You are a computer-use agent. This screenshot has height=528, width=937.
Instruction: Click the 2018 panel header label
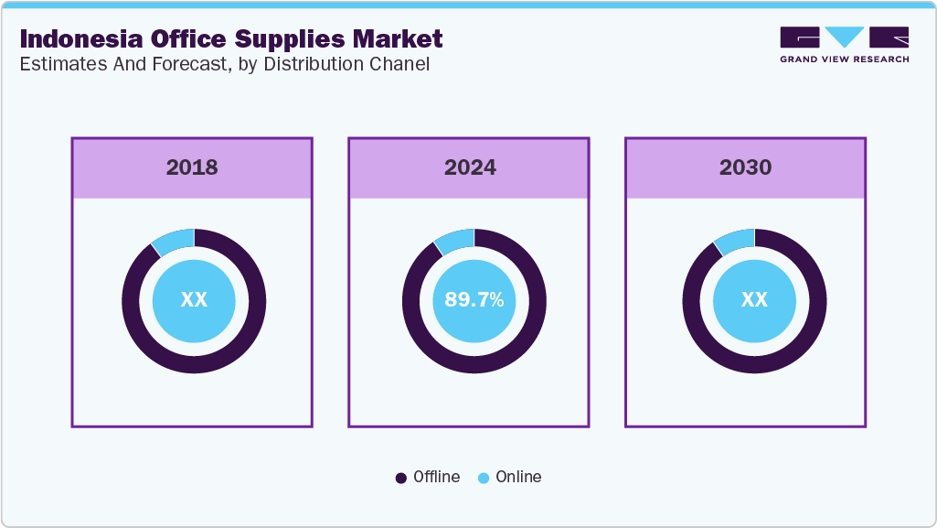192,167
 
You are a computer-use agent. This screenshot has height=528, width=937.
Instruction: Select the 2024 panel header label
470,167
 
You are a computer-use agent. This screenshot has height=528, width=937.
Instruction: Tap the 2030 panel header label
745,167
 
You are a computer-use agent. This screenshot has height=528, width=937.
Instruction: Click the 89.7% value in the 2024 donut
474,300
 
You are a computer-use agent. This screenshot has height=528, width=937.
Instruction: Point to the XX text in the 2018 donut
194,300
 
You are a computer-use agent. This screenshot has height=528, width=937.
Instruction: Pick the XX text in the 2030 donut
754,300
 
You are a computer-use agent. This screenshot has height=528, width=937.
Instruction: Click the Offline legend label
436,477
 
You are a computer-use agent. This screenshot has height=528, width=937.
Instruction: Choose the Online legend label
518,477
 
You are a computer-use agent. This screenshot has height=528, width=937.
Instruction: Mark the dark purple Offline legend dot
400,478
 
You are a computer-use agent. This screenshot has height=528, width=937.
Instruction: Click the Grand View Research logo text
844,59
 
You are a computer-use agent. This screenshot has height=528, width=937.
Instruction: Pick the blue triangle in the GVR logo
845,38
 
